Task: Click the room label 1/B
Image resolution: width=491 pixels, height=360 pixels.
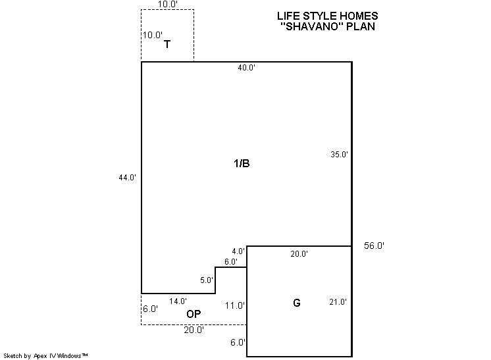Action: [242, 163]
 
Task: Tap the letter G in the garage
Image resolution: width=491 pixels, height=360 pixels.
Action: [297, 303]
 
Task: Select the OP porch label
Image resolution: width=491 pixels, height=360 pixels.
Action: [194, 314]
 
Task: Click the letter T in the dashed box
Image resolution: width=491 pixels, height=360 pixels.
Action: [167, 44]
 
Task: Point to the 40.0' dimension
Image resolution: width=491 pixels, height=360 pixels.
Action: [246, 67]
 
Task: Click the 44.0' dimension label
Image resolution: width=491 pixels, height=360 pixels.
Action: [127, 178]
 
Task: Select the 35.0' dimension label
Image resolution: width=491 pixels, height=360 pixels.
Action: [339, 154]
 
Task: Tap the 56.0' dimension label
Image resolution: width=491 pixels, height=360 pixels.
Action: [374, 245]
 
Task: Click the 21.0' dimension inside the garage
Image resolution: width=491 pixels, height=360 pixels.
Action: [338, 302]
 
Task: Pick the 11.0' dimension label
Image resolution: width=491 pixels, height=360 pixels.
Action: [234, 305]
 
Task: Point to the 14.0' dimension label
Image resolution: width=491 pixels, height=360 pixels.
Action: [178, 301]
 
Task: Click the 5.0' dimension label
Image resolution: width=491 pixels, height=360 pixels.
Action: [207, 280]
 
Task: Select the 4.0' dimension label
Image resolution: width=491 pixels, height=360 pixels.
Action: [238, 251]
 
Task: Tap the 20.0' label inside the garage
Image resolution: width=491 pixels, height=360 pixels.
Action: [299, 253]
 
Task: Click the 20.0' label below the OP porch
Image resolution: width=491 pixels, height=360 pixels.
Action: [194, 330]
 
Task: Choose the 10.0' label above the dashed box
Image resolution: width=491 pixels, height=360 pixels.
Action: [168, 4]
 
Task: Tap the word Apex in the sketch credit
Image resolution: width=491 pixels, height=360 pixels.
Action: [40, 355]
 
